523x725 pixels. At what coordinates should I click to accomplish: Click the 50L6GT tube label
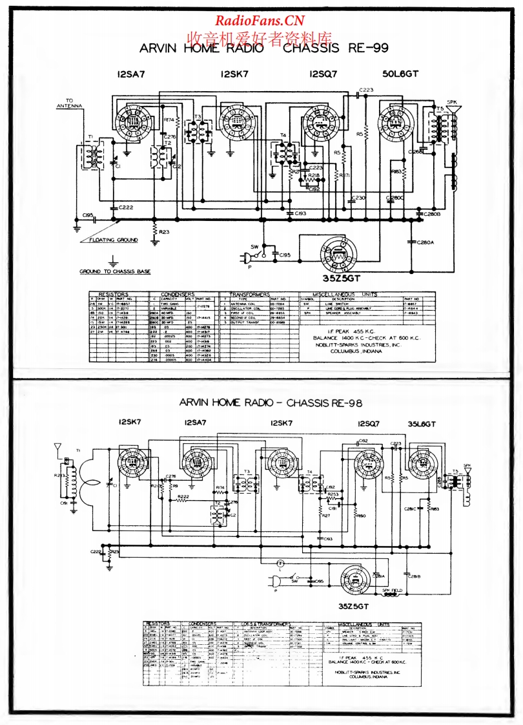coord(400,74)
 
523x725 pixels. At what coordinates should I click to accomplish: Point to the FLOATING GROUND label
coord(118,240)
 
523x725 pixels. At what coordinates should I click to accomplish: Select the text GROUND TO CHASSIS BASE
coord(115,271)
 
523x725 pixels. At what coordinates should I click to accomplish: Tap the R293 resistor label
coord(61,475)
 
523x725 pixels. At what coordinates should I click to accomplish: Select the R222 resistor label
coord(183,496)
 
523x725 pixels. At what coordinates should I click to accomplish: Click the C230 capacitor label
coord(358,198)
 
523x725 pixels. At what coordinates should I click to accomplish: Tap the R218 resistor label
coord(314,176)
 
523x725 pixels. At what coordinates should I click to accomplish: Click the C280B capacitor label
coord(431,213)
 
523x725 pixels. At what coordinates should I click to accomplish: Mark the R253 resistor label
coord(333,494)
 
